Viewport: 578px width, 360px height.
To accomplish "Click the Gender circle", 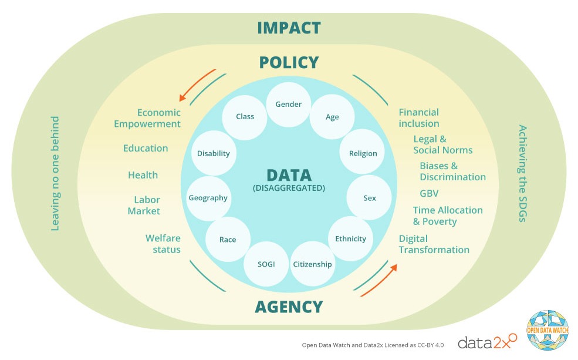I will tap(288, 105).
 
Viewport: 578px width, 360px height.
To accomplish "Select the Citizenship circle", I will tap(312, 264).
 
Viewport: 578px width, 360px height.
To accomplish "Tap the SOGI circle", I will tap(266, 264).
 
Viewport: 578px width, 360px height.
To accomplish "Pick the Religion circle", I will tap(363, 153).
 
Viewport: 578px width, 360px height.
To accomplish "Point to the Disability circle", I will tap(213, 153).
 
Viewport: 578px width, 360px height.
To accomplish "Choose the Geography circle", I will tap(208, 198).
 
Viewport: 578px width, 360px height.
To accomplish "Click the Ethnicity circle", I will tap(350, 238).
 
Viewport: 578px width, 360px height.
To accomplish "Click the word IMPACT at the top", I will tap(289, 28).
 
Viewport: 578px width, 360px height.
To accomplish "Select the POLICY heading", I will tap(289, 62).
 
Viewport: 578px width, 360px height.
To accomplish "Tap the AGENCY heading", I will tap(289, 307).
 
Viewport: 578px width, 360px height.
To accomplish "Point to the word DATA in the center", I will tap(289, 175).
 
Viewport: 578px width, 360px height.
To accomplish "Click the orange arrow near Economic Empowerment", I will tap(197, 86).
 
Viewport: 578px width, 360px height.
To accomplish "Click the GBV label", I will tap(429, 193).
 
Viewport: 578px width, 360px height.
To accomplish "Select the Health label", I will tap(143, 174).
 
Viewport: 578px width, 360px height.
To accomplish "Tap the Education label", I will tap(146, 148).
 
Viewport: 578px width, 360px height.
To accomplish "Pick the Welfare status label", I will tap(163, 244).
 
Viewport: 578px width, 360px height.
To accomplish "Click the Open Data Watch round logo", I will tap(547, 331).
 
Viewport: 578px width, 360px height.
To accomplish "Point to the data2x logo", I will tap(486, 341).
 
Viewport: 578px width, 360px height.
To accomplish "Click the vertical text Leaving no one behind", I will tap(55, 173).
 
